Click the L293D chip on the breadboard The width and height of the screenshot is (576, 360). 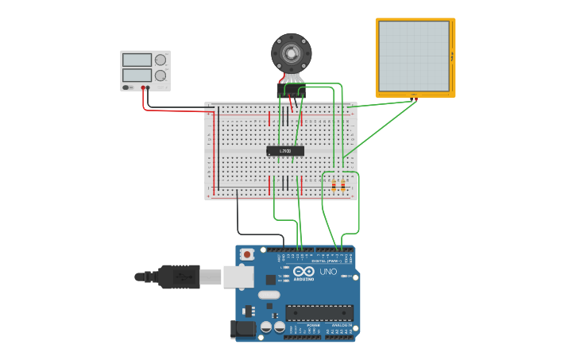tap(284, 150)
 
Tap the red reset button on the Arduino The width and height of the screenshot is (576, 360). tap(248, 254)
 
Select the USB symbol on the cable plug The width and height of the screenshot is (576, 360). tap(180, 277)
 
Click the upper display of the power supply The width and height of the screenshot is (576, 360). tap(137, 60)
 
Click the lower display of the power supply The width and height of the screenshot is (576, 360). tap(137, 75)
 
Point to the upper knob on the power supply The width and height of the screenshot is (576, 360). tap(161, 60)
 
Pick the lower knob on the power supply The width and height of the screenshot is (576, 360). tap(161, 75)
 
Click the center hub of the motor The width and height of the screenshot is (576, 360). tap(292, 53)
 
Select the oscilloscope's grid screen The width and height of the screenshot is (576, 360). tap(414, 56)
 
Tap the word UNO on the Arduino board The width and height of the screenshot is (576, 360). tap(328, 272)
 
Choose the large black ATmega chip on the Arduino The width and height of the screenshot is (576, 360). tap(319, 313)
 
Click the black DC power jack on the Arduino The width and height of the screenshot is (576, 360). tap(241, 328)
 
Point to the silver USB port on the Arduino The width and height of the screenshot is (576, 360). tap(237, 277)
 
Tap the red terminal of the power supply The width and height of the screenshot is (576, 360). tap(143, 87)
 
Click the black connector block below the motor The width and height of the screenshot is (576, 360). tap(292, 92)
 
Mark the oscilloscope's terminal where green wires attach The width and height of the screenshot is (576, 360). tap(415, 99)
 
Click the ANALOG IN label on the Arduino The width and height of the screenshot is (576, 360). tap(340, 326)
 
